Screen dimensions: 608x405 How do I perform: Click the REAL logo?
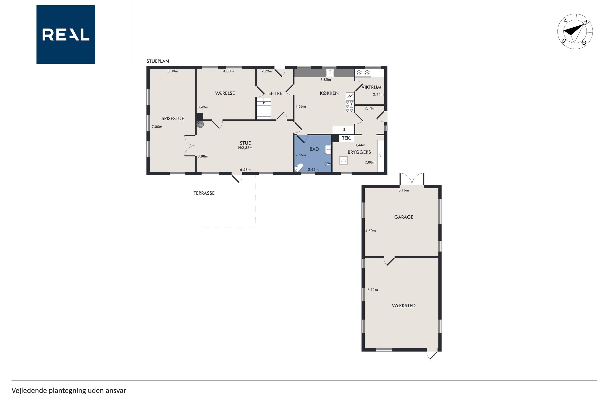click(x=66, y=34)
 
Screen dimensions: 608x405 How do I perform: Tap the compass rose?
click(x=575, y=31)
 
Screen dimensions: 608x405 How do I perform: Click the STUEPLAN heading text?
click(x=158, y=61)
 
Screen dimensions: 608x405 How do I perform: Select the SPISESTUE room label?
click(x=173, y=118)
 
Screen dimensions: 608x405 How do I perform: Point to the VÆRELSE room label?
click(x=225, y=93)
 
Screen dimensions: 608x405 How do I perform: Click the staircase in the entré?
click(x=264, y=108)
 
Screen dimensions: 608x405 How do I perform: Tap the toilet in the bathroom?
click(x=299, y=167)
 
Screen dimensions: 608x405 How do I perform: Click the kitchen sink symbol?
click(x=330, y=73)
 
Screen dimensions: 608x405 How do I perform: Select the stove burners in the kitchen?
click(x=350, y=106)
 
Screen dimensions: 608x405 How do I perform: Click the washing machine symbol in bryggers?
click(x=344, y=160)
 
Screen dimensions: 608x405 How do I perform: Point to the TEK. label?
click(x=347, y=138)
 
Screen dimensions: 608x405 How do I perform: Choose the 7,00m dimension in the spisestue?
click(x=157, y=127)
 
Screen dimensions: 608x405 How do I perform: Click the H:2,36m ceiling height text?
click(x=245, y=148)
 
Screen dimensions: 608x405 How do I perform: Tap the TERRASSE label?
click(x=204, y=193)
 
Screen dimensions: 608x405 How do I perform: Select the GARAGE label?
click(x=404, y=217)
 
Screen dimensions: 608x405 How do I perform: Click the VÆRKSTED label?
click(x=404, y=305)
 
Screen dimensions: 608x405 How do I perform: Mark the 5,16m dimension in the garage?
click(x=404, y=190)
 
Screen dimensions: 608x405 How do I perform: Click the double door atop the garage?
click(x=412, y=179)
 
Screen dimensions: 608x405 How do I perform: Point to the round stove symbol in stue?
click(x=200, y=125)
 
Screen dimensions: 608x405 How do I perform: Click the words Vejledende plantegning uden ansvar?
click(x=69, y=391)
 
